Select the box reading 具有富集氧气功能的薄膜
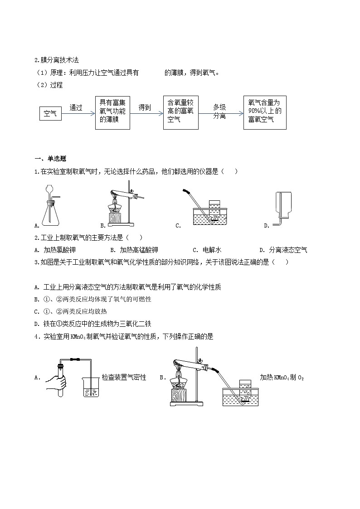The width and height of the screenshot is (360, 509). click(113, 112)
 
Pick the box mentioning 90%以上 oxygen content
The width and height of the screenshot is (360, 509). click(265, 112)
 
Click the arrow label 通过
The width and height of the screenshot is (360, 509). click(76, 108)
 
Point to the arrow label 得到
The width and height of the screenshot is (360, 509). click(145, 108)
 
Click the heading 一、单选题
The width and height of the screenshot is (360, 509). click(50, 159)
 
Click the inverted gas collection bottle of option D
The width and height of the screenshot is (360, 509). click(285, 207)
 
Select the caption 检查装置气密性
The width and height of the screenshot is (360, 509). click(124, 377)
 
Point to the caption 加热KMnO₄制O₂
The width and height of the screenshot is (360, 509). click(282, 377)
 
